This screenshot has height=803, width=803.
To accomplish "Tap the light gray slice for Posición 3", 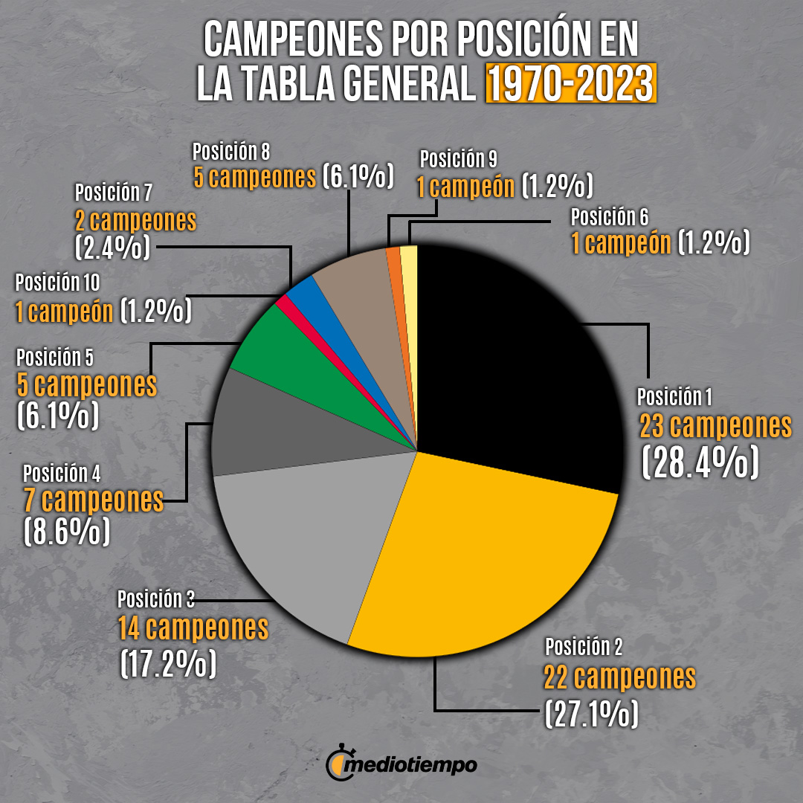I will [297, 535].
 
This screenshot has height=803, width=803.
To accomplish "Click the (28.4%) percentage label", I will [700, 462].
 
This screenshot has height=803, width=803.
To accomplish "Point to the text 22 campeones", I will [619, 678].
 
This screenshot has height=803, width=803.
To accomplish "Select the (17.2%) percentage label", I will [168, 662].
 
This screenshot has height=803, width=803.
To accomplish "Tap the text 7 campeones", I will [94, 500].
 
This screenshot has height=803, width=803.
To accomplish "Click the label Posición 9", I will [458, 159].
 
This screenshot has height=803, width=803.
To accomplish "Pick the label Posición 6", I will [610, 217].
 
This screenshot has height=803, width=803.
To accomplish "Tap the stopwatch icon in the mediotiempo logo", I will [338, 764].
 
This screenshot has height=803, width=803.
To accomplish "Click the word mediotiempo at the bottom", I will [413, 764].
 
